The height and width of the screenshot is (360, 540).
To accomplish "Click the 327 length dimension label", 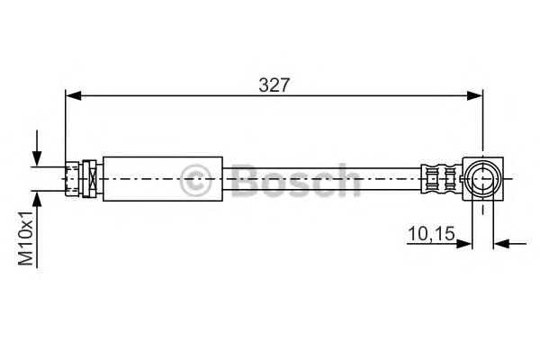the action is (274, 85).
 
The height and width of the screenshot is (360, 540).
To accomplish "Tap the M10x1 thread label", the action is (26, 238).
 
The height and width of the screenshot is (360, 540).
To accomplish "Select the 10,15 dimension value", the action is (431, 234).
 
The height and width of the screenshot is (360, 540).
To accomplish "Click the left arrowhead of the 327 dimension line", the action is (73, 95).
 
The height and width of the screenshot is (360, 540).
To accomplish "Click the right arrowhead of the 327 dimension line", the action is (475, 95).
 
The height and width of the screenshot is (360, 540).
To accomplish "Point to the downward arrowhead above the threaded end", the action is (37, 158).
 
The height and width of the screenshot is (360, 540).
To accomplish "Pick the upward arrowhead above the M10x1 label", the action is (37, 199).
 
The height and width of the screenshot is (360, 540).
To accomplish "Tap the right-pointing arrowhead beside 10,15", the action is (463, 244).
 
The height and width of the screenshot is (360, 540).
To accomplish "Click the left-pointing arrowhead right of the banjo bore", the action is (501, 244).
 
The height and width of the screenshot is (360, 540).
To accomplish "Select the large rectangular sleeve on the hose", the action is (163, 179).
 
